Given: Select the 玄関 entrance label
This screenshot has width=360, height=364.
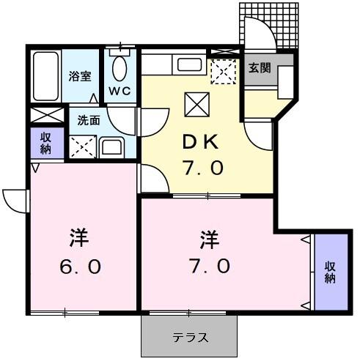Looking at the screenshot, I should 259,68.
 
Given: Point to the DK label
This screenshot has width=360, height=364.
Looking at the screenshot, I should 198,141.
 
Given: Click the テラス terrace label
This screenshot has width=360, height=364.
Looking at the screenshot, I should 191,338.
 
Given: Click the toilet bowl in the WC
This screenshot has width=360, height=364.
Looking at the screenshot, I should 120,70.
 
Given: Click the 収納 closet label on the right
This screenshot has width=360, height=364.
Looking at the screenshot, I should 329,272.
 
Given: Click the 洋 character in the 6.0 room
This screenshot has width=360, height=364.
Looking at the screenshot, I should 80,237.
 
